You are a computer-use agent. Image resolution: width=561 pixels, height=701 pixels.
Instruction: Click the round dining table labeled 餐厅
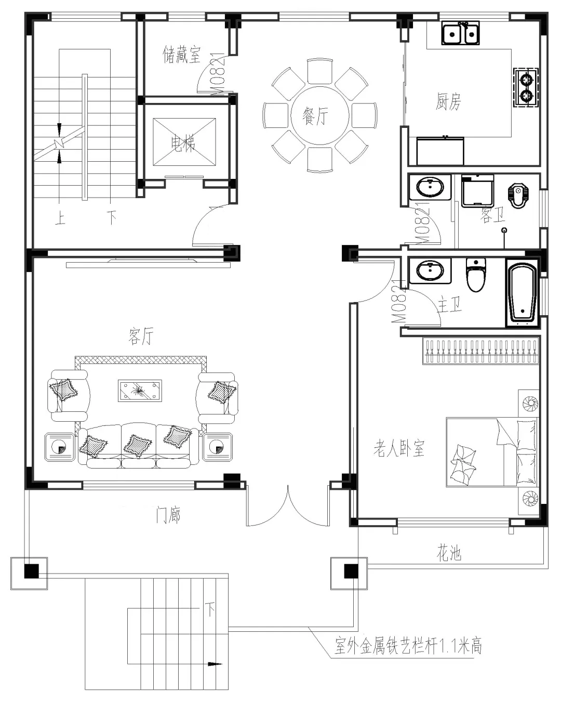(x=319, y=115)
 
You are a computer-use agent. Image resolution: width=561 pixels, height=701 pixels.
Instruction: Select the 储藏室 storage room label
(x=181, y=55)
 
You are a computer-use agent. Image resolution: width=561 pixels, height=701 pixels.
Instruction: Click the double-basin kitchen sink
(x=460, y=34)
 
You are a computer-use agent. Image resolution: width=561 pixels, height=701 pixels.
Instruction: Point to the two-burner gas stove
(x=527, y=88)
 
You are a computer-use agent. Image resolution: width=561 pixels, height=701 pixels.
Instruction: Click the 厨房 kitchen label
(x=448, y=101)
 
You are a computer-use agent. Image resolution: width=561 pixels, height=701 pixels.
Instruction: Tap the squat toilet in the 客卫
(x=517, y=195)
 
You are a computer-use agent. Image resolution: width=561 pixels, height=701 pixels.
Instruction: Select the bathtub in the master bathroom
(x=522, y=294)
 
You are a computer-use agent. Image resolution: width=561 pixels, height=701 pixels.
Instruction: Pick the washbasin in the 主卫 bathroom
(x=430, y=271)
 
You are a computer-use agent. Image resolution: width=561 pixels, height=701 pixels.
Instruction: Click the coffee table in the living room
(x=140, y=391)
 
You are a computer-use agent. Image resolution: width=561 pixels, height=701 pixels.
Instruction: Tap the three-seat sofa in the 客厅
(x=138, y=446)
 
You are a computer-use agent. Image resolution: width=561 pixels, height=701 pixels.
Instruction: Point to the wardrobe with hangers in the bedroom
(x=480, y=351)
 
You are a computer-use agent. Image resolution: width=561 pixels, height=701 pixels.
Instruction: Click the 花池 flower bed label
(x=448, y=554)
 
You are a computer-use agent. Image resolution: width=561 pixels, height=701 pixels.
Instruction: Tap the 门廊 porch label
(x=168, y=515)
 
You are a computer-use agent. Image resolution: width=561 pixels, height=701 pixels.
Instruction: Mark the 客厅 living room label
(x=141, y=336)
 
